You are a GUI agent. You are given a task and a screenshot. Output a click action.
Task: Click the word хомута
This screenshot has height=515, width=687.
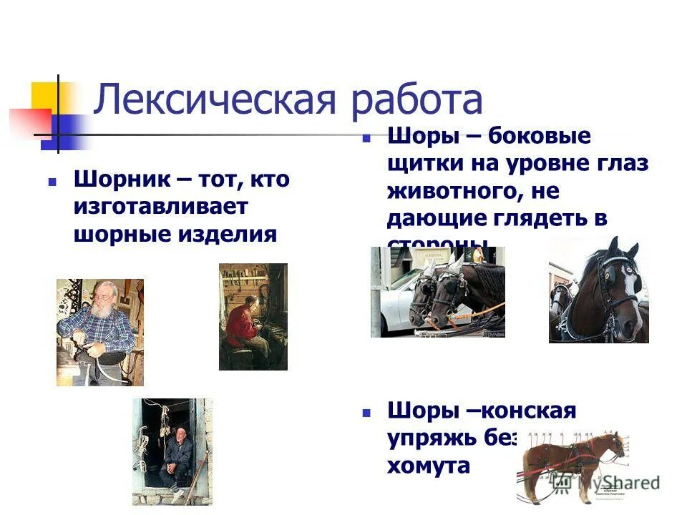(x=428, y=466)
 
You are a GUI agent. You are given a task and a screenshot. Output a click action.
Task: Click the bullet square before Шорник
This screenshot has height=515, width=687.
(x=52, y=182)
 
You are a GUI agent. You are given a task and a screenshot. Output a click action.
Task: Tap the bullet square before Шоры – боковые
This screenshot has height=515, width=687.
(x=365, y=139)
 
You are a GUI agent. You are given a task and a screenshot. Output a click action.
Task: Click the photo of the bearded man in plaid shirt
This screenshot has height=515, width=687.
(x=99, y=331)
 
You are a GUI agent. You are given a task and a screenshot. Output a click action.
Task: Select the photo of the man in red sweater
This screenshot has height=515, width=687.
(x=253, y=316)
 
